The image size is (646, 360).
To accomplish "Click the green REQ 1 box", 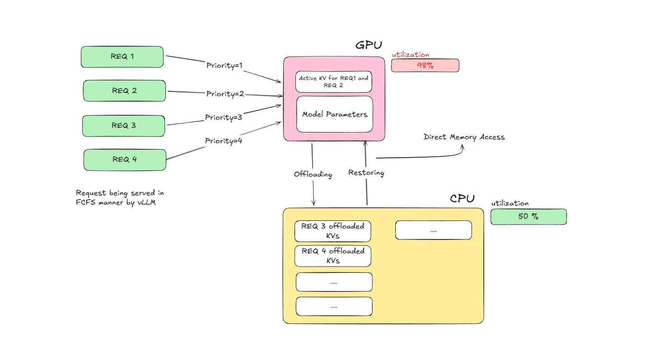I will (122, 56).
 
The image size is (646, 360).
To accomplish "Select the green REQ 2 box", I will (124, 91).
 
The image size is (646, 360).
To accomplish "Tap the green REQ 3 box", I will (123, 126).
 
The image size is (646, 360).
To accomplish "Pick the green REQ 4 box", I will (124, 159).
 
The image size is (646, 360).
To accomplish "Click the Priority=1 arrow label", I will (225, 65).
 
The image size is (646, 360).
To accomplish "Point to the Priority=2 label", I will (225, 94).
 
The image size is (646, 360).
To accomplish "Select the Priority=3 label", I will (224, 117).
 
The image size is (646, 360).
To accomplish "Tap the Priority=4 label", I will (224, 141).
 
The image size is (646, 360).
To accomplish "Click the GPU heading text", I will (369, 45).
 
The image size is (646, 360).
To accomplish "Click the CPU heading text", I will (462, 199).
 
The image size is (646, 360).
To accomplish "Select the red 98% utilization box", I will (425, 65).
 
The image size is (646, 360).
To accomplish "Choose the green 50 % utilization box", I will (528, 216).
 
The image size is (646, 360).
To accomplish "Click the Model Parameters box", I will (334, 114).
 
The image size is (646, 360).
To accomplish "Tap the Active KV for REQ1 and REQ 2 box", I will (333, 81).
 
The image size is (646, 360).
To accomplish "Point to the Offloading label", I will (313, 174).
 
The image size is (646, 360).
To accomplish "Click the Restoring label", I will (366, 173).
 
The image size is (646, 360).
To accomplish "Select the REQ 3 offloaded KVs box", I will (333, 231).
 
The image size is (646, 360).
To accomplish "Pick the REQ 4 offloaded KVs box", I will (333, 256).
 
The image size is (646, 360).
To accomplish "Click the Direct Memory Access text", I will (464, 137).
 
